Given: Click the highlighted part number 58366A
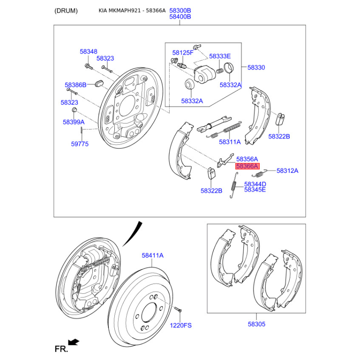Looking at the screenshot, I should (x=247, y=166).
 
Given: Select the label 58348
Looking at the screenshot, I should (x=88, y=52).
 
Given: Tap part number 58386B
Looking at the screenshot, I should (x=75, y=85).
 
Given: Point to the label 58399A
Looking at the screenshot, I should (x=73, y=121).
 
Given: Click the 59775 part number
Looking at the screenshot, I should (x=80, y=144).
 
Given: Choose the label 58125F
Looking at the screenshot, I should (x=183, y=53).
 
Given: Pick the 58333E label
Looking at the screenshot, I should (x=220, y=56).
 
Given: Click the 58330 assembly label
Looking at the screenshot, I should (x=256, y=67).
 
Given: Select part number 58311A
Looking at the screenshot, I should (x=229, y=142).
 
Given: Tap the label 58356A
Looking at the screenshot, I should (x=247, y=159).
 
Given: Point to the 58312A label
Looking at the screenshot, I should (x=287, y=171).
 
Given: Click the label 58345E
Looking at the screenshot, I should (x=255, y=190).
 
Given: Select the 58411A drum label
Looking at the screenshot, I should (x=153, y=255).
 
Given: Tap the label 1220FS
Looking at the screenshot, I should (x=181, y=325).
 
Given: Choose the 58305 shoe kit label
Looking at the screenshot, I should (x=256, y=324).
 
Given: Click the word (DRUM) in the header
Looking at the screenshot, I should (x=66, y=10).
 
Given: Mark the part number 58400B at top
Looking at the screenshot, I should (x=180, y=17).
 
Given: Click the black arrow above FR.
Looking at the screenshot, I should (x=73, y=342).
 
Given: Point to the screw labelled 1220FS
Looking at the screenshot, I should (x=177, y=310).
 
